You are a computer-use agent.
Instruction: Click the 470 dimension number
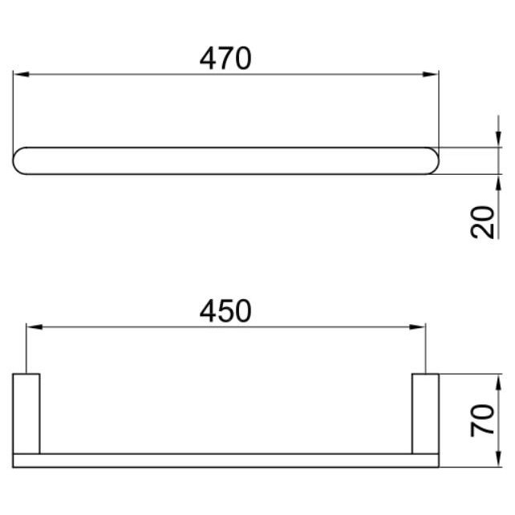(x=225, y=59)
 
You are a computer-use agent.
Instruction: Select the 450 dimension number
(x=225, y=311)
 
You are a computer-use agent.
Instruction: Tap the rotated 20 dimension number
(x=482, y=222)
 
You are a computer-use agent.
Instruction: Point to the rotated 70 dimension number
(x=482, y=420)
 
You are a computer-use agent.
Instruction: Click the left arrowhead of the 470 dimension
(x=21, y=75)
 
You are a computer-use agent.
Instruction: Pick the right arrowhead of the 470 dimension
(x=431, y=75)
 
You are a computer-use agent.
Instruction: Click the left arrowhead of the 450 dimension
(x=34, y=326)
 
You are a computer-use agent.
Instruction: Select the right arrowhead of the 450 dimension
(x=417, y=326)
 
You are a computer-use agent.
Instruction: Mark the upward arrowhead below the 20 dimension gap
(x=499, y=183)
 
